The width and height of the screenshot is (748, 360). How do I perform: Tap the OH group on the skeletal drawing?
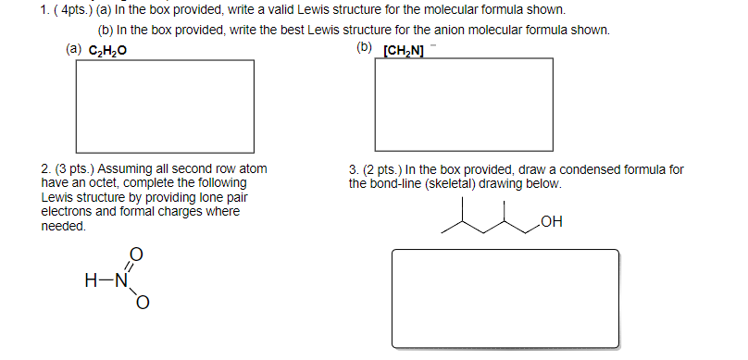553,221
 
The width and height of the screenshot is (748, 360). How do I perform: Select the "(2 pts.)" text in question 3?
383,170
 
